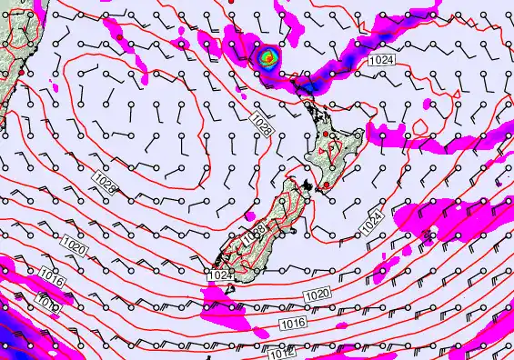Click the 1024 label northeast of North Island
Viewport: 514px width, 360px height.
pos(382,59)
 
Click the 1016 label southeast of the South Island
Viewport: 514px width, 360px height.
pos(292,324)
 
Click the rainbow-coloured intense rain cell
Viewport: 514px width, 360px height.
pos(267,57)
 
